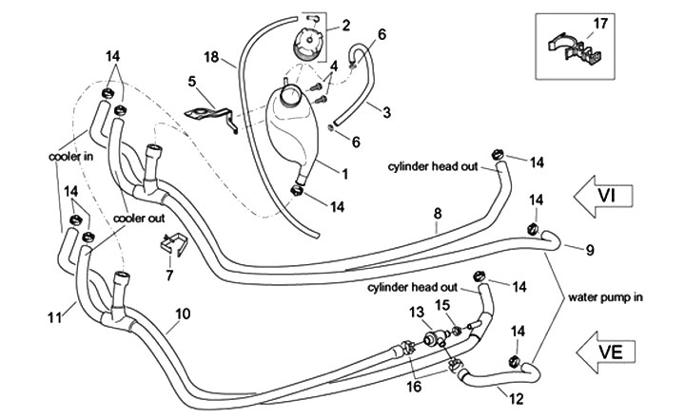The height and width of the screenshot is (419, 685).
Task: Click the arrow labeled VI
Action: coord(609,194)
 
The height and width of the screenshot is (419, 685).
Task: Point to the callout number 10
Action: coord(183,312)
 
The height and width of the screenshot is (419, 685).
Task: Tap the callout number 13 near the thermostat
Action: coord(416,313)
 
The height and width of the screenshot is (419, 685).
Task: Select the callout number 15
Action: coord(441,305)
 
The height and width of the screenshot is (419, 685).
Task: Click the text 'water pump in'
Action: coord(606,296)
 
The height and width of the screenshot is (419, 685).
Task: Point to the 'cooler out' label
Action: coord(139,217)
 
